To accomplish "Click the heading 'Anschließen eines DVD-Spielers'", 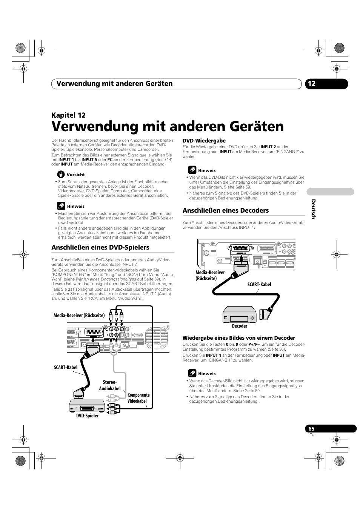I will [100, 247].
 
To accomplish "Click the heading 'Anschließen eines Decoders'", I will [226, 210].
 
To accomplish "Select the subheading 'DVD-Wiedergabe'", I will [204, 141].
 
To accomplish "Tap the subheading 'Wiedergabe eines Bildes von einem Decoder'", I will [239, 338].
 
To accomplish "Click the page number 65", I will [311, 428].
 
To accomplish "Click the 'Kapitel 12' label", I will [69, 115].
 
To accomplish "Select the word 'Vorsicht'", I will [75, 175].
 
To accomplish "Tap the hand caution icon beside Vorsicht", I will [61, 174].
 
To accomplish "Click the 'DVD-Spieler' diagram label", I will [87, 415].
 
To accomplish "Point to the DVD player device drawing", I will [86, 406].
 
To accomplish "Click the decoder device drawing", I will [240, 314].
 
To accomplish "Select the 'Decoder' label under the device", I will [240, 326].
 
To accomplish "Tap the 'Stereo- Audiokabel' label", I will [110, 385].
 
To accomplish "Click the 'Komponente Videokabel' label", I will [138, 398].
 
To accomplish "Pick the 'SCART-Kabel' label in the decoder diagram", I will [259, 284].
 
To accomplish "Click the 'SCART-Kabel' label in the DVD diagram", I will [66, 367].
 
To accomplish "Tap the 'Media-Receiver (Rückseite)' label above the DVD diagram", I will [79, 315].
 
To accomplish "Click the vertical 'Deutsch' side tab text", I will [313, 209].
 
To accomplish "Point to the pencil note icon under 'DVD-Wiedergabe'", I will [192, 170].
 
